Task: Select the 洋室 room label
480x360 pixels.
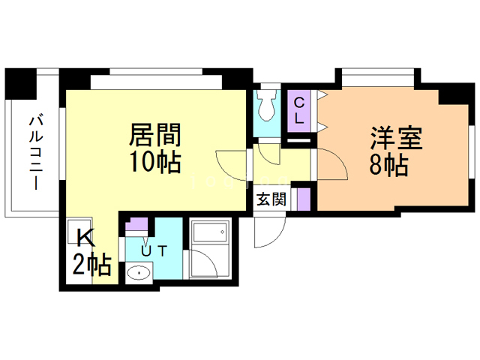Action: (x=397, y=139)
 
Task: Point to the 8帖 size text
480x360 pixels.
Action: (x=388, y=165)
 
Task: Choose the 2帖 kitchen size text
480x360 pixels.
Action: (x=91, y=264)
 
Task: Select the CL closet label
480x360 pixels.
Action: (x=299, y=109)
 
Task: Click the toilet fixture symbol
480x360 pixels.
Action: (x=265, y=109)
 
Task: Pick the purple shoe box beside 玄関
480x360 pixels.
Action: (x=303, y=199)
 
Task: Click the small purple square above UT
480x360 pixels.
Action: (x=139, y=224)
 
